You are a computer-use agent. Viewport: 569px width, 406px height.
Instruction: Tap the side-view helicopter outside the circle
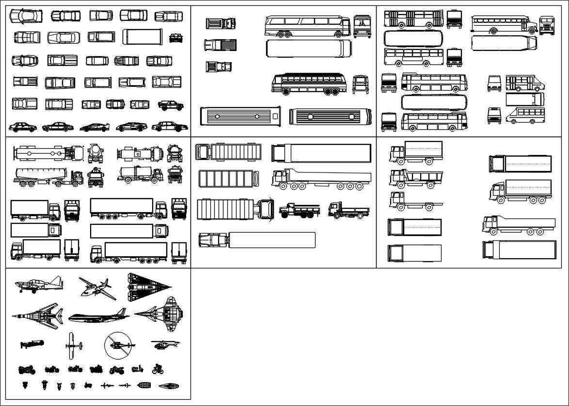click(x=165, y=344)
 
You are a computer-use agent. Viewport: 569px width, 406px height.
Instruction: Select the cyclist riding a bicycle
click(x=158, y=369)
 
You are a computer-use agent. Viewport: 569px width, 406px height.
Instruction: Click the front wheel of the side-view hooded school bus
click(x=493, y=31)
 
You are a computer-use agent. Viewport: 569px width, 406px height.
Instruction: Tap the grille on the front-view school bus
click(x=546, y=28)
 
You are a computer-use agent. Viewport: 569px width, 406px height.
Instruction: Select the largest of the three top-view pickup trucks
click(x=220, y=45)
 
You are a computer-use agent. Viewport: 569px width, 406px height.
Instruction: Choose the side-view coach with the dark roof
click(x=309, y=83)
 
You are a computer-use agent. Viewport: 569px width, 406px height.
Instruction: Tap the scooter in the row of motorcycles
click(x=137, y=370)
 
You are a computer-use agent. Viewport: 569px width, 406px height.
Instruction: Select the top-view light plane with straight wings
click(x=71, y=345)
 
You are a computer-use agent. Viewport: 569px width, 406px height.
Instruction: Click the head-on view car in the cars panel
click(x=176, y=38)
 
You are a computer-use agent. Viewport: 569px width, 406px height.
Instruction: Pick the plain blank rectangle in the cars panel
click(x=142, y=37)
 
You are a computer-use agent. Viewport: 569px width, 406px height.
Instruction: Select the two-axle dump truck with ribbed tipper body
click(x=416, y=178)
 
